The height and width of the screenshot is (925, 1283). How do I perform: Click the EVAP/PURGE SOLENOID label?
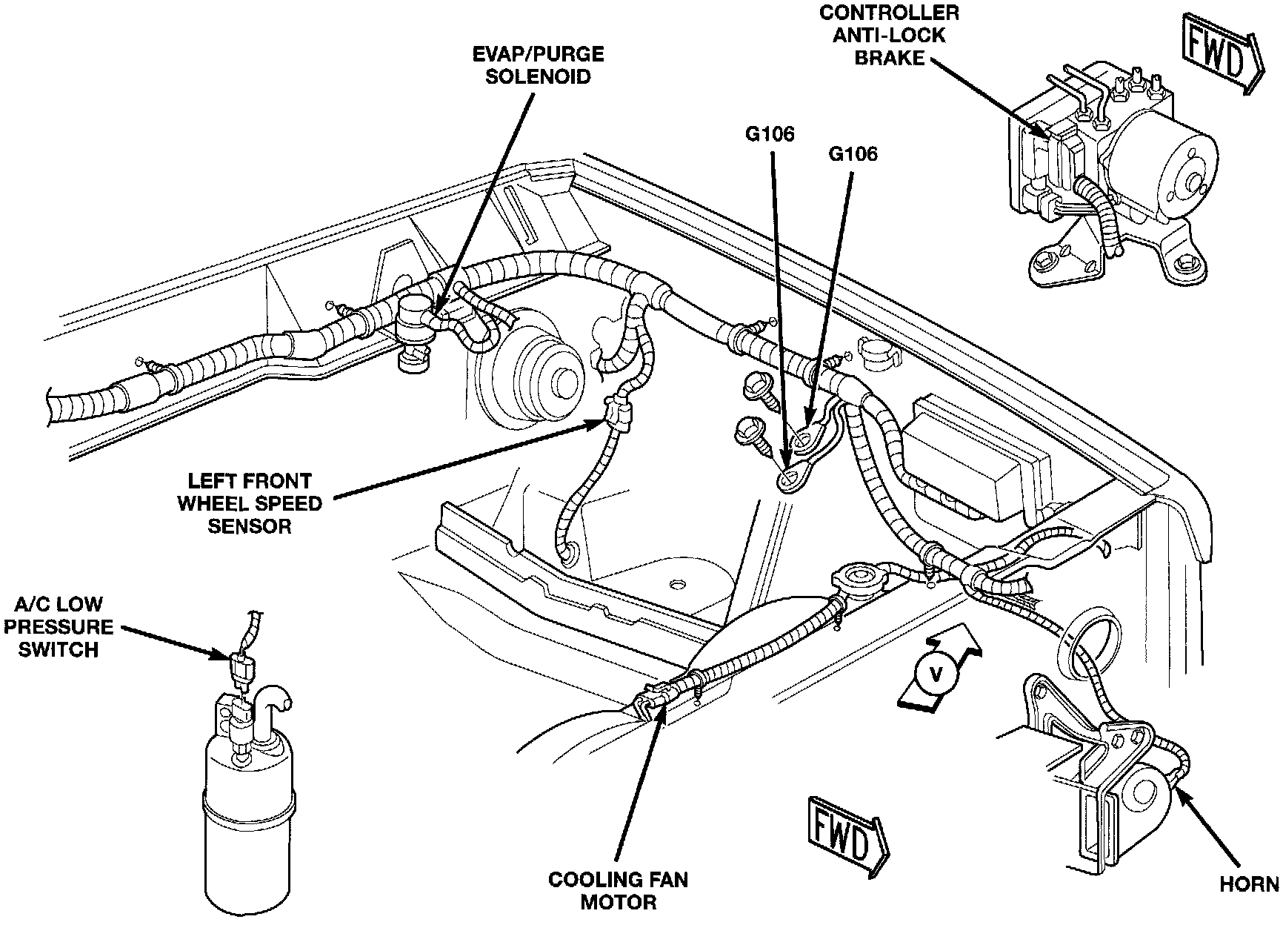[x=539, y=65]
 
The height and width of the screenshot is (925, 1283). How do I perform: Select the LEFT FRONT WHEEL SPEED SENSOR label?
[x=249, y=504]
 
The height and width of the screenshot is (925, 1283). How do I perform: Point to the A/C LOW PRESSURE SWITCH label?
[x=59, y=627]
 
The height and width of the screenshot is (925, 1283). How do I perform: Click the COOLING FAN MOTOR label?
[x=618, y=890]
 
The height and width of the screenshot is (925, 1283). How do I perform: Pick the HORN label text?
[x=1248, y=884]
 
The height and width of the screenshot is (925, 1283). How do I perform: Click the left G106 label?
[x=770, y=134]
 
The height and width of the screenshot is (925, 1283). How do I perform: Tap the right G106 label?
[x=853, y=154]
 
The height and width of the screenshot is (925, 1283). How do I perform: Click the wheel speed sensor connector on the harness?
[x=619, y=415]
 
